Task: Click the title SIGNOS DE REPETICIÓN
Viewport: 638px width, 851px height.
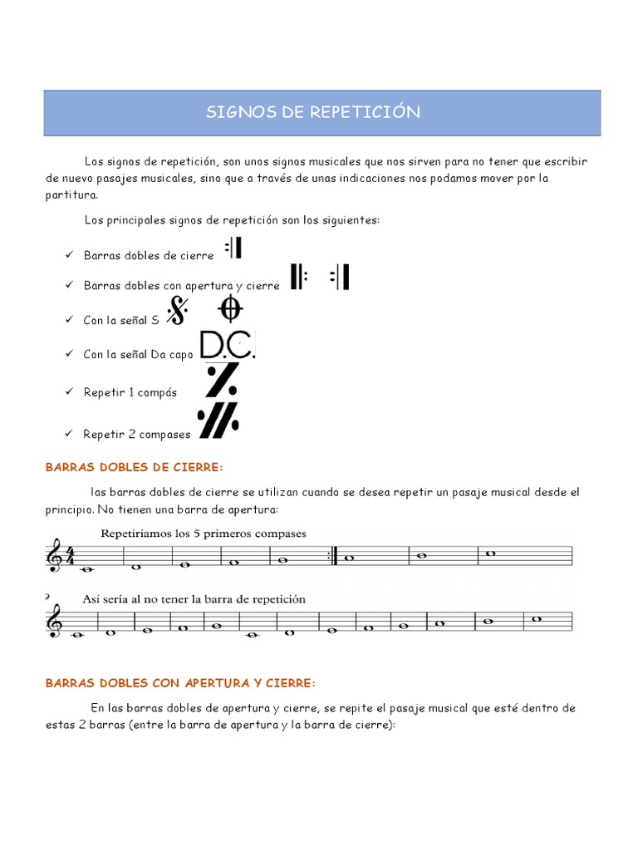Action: (313, 112)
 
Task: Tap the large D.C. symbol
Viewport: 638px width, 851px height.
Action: (227, 346)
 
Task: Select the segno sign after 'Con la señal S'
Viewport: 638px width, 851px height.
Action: (178, 311)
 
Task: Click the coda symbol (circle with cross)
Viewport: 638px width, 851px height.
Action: (230, 309)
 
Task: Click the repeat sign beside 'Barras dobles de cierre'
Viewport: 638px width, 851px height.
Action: (233, 248)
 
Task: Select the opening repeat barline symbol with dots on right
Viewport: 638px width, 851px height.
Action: (298, 277)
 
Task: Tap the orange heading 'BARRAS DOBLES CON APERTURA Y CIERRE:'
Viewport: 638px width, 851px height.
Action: (180, 682)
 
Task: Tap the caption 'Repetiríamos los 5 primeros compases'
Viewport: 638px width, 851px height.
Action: (204, 534)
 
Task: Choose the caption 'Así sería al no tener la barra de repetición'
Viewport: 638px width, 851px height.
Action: (194, 598)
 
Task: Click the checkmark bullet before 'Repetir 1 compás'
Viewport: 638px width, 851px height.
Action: (69, 392)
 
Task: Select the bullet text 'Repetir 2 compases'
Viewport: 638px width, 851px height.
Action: (136, 434)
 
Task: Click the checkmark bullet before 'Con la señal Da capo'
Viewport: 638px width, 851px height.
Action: (69, 355)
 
